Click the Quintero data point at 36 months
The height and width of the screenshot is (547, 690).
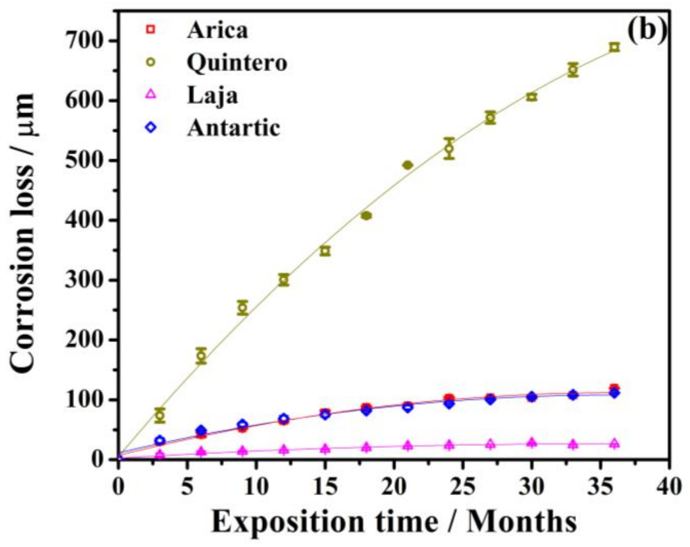(x=614, y=47)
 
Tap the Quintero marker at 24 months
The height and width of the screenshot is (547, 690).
(x=449, y=148)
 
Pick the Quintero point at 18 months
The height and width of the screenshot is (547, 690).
(x=367, y=216)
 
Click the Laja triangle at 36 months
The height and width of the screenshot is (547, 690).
(x=614, y=444)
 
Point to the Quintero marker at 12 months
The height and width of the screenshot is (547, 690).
(x=284, y=280)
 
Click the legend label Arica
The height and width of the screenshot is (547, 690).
(x=217, y=30)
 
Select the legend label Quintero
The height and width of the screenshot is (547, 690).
(x=237, y=63)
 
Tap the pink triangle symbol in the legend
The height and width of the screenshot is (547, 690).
(x=151, y=95)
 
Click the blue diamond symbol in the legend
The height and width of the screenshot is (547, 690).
(x=151, y=127)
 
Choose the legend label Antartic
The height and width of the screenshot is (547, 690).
(x=234, y=128)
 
